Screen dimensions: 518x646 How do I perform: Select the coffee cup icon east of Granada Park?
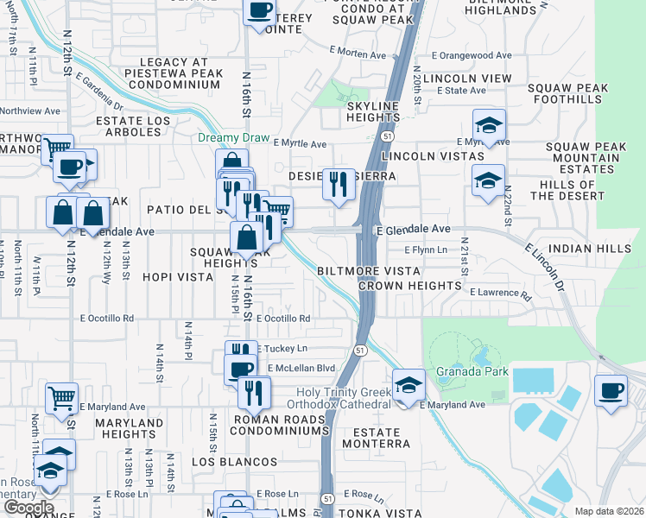[x=611, y=390]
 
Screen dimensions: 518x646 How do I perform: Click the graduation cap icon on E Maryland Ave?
[x=408, y=384]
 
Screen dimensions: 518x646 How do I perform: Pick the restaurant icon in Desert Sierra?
[x=339, y=184]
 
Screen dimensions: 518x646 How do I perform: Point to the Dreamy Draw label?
[x=234, y=138]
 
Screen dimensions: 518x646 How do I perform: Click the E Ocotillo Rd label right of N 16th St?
[x=283, y=319]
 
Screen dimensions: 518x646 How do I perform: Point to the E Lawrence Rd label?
[x=501, y=293]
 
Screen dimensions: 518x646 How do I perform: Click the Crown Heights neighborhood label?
[x=409, y=285]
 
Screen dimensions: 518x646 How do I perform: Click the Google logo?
[x=28, y=508]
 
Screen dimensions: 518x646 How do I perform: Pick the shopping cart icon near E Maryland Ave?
[x=61, y=399]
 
